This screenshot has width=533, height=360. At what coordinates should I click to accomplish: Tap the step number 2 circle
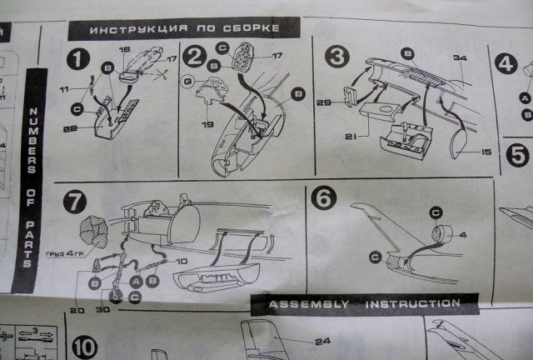click(x=195, y=57)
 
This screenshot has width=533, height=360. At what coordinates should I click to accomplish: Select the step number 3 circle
click(x=336, y=57)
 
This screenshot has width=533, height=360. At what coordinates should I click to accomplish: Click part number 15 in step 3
click(x=485, y=150)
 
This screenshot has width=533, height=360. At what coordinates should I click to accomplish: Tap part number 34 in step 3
click(x=459, y=58)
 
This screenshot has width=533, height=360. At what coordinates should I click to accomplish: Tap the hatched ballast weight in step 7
click(x=93, y=231)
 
